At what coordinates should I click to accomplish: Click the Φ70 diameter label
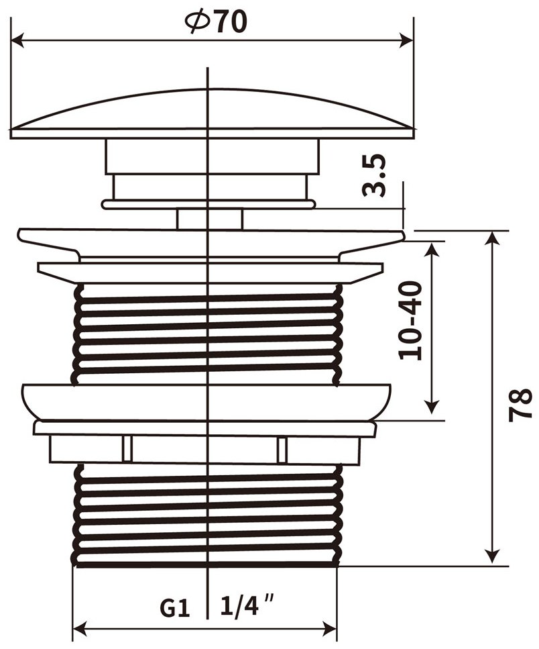pos(216,22)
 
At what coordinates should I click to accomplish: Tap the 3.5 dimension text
pos(375,175)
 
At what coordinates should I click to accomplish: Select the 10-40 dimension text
pos(410,320)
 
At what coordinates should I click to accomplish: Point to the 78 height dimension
pos(520,404)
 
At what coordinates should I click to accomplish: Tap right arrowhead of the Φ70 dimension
pos(407,40)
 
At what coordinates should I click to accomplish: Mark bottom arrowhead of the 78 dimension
pos(491,556)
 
